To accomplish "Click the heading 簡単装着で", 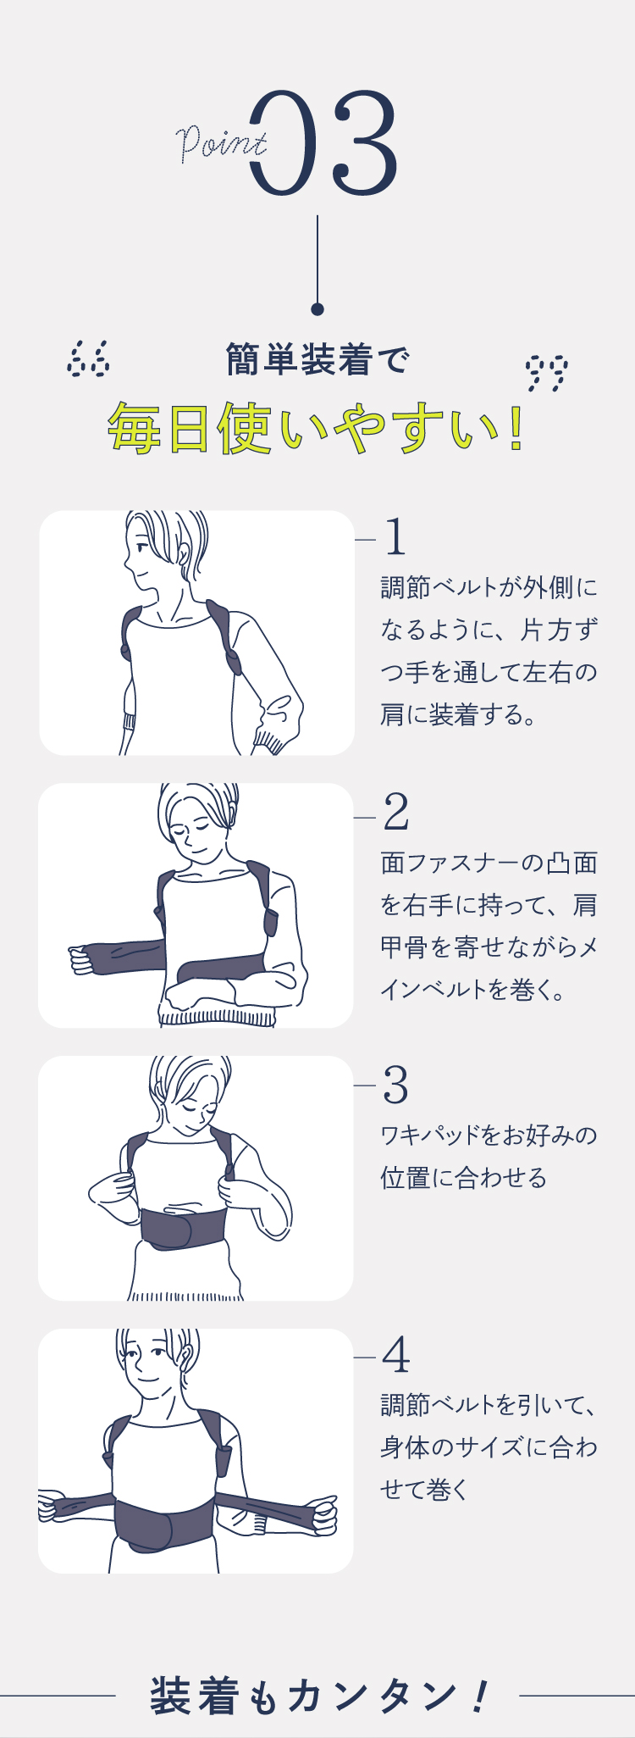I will [317, 359].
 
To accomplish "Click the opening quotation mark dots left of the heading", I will [88, 359].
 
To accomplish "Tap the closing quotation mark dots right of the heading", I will [546, 373].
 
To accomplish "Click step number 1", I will [395, 536].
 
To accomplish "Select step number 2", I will [395, 813].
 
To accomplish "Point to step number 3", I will [395, 1086].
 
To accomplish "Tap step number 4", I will [395, 1355].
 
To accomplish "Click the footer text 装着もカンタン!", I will [318, 1696].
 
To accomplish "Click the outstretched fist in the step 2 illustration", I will [82, 959].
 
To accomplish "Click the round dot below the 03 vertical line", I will [317, 309].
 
